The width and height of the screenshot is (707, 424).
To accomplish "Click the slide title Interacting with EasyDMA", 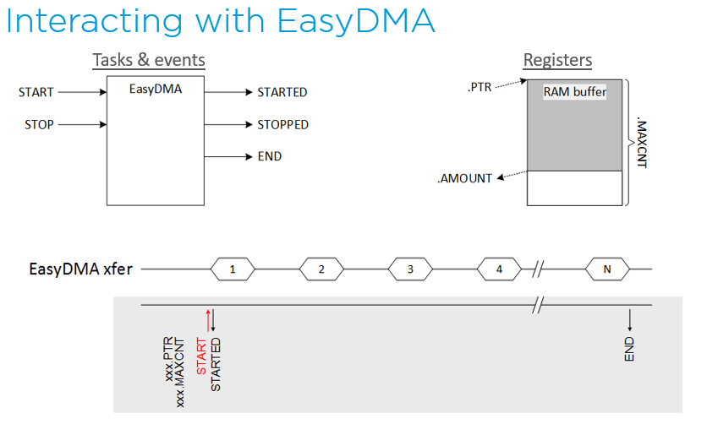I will coord(220,22).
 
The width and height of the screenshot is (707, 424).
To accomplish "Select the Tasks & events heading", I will coord(148,61).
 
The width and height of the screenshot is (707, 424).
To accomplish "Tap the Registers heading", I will coord(557,61).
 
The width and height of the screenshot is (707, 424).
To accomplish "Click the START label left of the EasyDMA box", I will coord(36,92).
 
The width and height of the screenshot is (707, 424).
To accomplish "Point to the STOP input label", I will coord(39,125).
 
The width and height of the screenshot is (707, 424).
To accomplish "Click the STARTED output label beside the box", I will coord(282,92).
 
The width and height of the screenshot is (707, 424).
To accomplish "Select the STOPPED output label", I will coord(282,125).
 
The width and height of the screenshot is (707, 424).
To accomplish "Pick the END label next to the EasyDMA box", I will coord(269,156).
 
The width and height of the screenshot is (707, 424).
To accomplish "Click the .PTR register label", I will coord(480,84).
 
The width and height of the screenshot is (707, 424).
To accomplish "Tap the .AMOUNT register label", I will coord(463,178).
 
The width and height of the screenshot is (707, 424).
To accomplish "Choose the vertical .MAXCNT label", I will coord(640,143).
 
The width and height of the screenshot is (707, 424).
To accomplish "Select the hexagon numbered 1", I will coord(233,269).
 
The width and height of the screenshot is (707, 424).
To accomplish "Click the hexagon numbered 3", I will coord(410,269).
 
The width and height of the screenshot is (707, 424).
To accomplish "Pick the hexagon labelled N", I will coord(608,269).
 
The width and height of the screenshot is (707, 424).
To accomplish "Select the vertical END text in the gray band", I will coord(629,349).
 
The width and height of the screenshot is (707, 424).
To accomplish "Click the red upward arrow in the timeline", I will coord(206,319).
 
